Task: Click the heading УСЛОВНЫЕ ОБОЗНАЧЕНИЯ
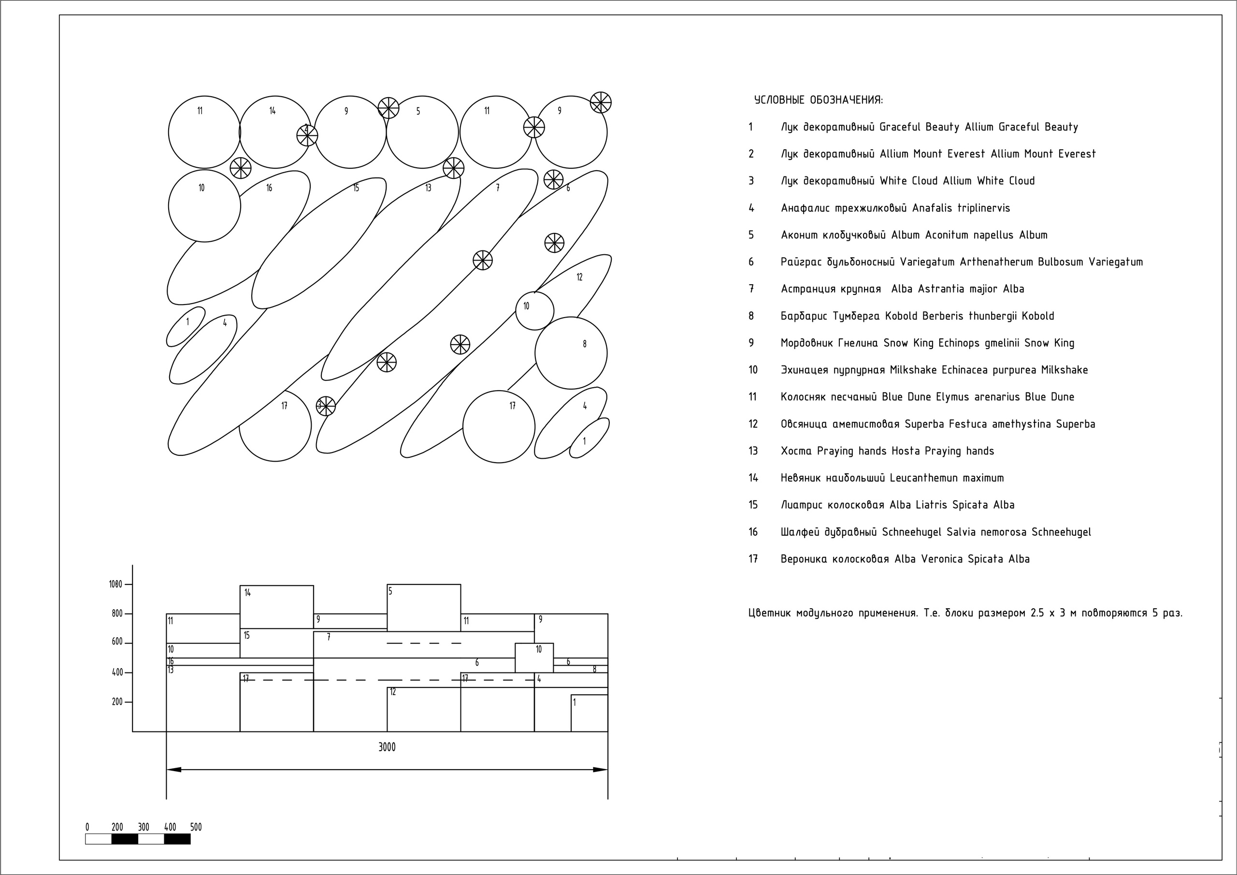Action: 819,100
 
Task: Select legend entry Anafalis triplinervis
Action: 895,208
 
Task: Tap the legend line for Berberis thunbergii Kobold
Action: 917,316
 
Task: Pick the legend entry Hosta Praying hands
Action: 887,451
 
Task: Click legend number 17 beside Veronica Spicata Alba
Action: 753,559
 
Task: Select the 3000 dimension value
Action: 387,747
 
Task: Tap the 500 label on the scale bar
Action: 196,827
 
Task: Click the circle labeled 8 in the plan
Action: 571,353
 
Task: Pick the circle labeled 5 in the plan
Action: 422,132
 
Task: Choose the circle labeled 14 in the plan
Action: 275,132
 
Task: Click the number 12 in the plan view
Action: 580,277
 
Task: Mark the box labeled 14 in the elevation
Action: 276,607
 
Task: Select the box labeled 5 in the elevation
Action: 424,608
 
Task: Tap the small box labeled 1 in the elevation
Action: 590,713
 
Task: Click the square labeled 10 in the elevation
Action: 534,658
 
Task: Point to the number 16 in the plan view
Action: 269,188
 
